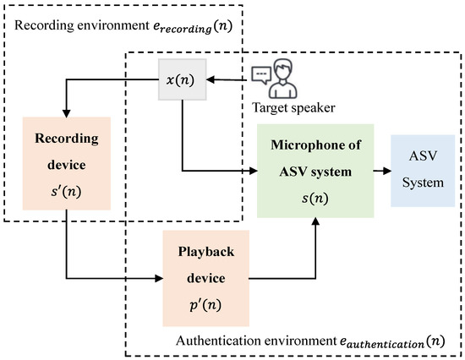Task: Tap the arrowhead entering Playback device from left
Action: click(160, 276)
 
